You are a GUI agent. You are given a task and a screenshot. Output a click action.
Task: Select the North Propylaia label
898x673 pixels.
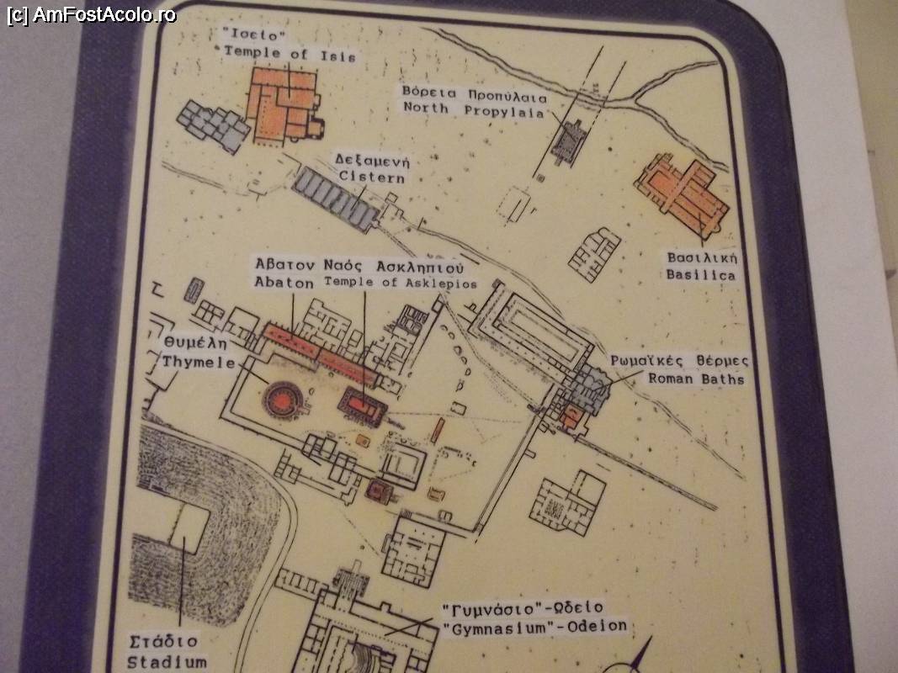(474, 109)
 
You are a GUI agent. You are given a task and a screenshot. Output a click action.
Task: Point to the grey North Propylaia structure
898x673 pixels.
(567, 141)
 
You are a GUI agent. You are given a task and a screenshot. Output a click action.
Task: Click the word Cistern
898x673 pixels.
(372, 177)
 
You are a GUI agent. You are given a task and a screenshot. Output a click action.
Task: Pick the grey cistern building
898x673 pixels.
(335, 199)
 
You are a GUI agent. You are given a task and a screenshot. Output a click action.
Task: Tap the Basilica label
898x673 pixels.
(700, 275)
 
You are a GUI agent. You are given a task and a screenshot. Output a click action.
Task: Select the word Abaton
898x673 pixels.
(284, 282)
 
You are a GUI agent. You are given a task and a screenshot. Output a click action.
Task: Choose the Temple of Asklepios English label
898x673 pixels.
(401, 282)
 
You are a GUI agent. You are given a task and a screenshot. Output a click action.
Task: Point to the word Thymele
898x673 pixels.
(198, 362)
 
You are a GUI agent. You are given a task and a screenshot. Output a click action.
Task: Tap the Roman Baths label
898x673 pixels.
(696, 379)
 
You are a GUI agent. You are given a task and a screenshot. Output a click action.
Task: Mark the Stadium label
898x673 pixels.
(167, 662)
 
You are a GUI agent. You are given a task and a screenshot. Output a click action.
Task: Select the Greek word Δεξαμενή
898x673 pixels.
(373, 159)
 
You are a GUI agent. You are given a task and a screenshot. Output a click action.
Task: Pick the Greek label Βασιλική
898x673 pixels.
(702, 257)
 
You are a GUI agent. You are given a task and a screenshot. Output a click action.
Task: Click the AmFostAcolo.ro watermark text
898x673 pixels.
(92, 14)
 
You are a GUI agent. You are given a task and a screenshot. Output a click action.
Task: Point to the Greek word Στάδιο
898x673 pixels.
(163, 642)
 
